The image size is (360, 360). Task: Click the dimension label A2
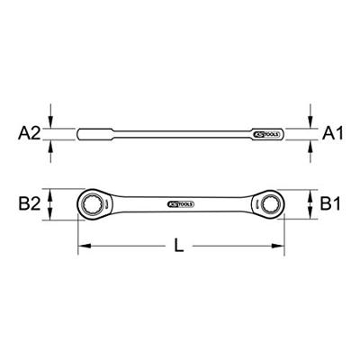[28, 133]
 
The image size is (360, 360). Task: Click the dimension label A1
[333, 133]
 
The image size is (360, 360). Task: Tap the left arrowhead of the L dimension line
[84, 246]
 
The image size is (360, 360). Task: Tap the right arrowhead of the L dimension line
[278, 246]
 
